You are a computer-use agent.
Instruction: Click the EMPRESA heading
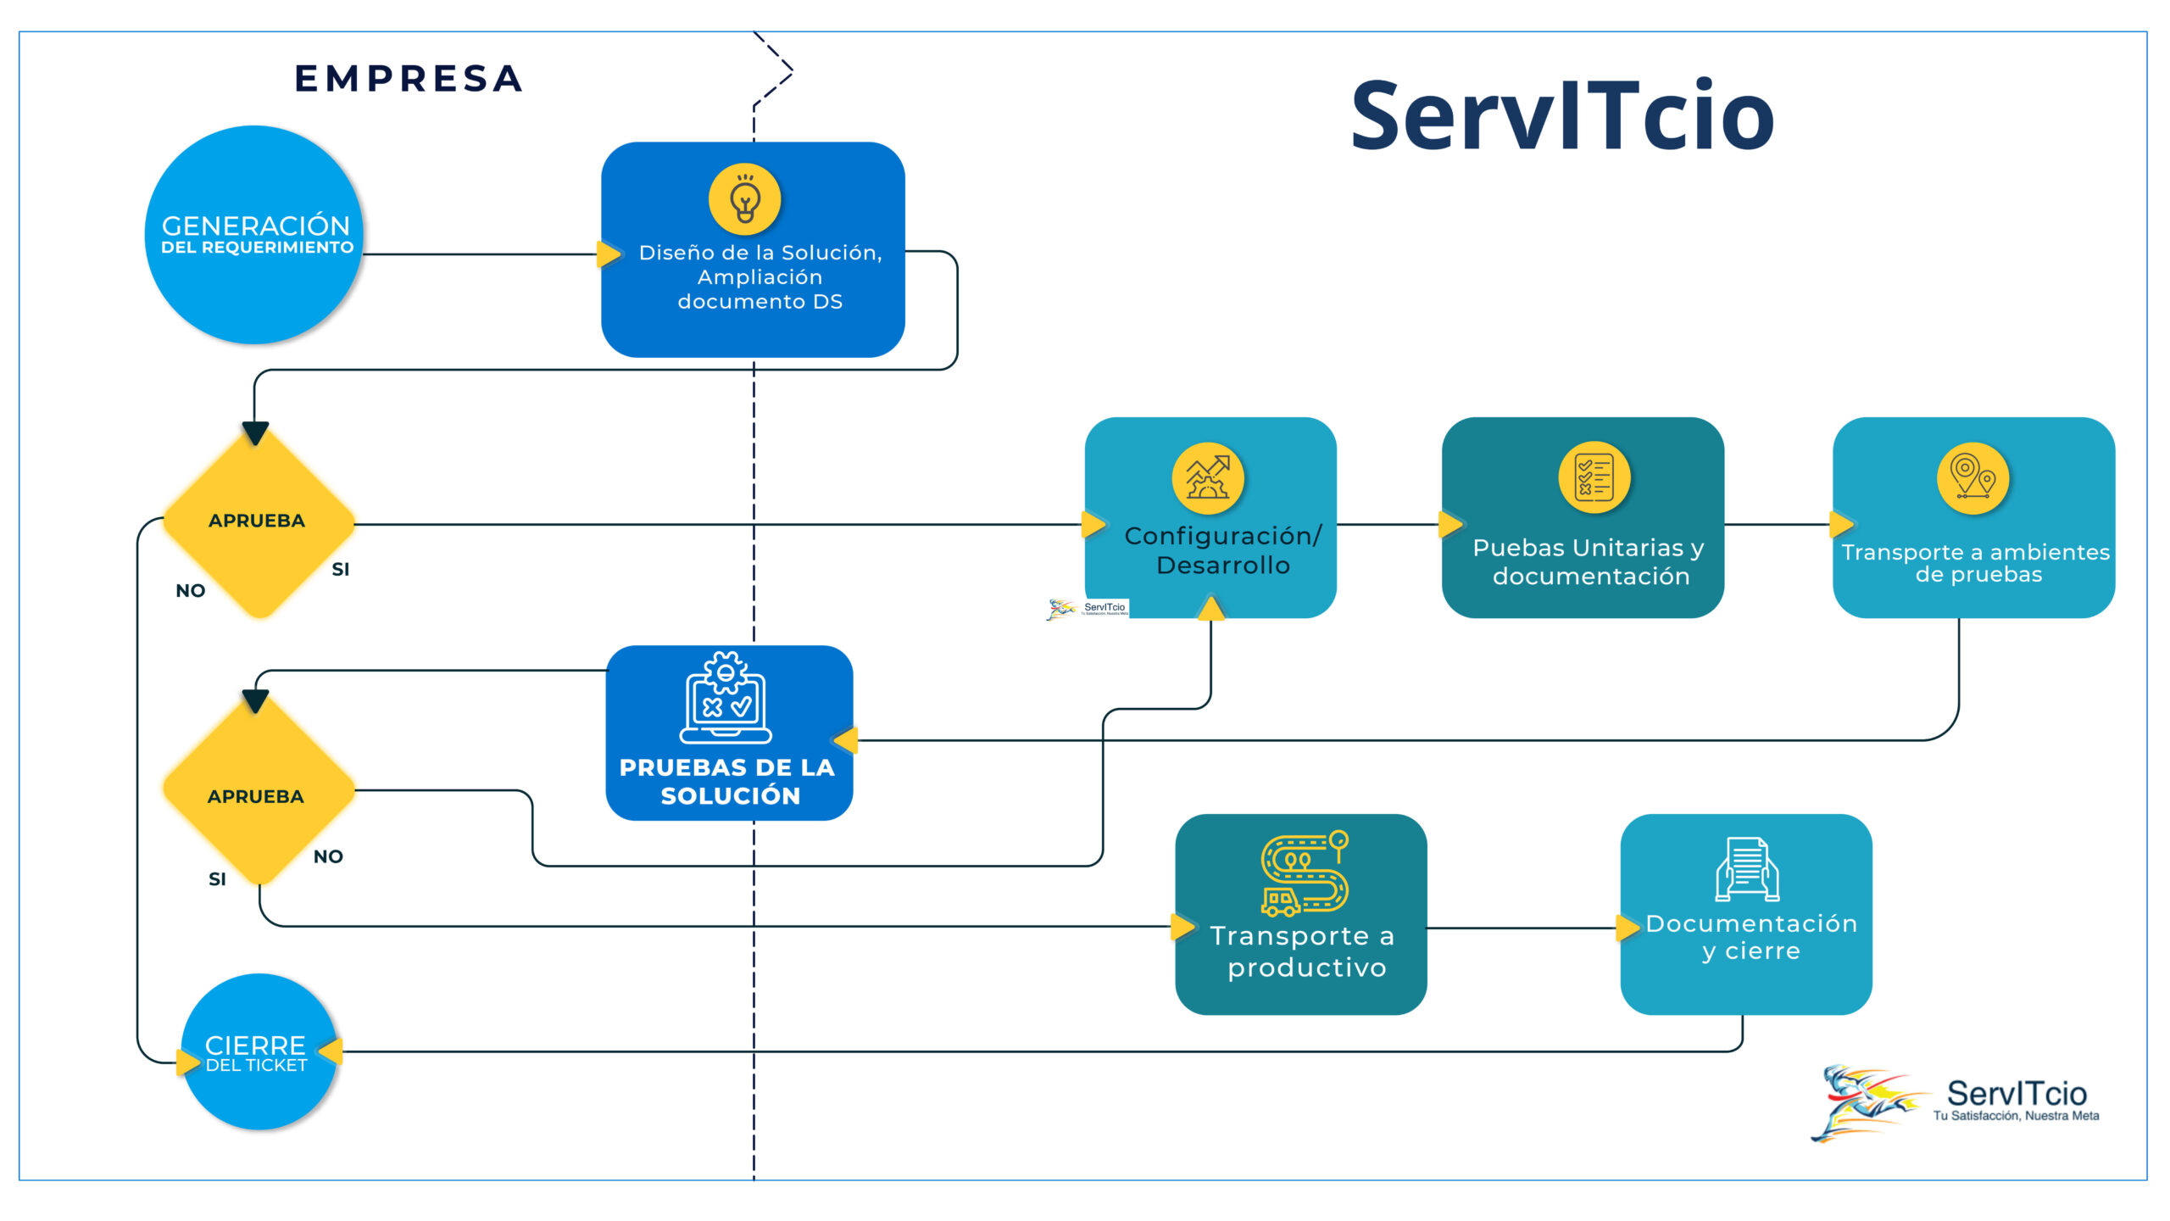point(409,79)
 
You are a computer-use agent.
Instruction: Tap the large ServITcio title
point(1561,116)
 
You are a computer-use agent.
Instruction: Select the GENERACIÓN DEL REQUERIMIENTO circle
point(255,235)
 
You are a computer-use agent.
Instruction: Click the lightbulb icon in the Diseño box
point(745,199)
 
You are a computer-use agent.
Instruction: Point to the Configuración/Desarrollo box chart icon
point(1208,478)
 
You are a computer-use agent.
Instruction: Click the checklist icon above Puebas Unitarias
point(1594,477)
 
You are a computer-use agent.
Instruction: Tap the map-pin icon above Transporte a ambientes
point(1972,478)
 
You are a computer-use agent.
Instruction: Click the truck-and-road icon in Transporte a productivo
point(1304,873)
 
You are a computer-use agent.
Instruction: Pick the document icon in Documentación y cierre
point(1747,868)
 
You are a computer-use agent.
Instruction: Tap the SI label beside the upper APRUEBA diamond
point(341,570)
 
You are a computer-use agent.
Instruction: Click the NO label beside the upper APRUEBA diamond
point(191,591)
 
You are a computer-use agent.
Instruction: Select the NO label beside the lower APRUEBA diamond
point(328,856)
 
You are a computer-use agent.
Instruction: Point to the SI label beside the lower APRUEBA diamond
point(217,879)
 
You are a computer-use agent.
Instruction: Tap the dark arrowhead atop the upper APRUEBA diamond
point(255,432)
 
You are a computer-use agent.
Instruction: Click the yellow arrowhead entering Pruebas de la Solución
point(847,740)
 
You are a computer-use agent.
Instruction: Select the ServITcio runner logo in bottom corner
point(1865,1102)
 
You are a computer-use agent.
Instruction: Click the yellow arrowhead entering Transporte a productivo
point(1182,927)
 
